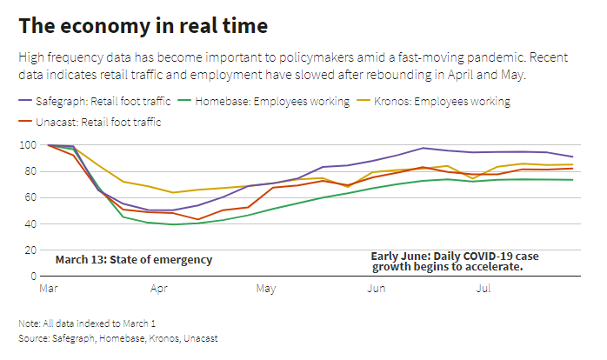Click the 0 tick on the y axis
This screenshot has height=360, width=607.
tap(34, 276)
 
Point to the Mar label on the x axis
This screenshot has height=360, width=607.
tap(49, 287)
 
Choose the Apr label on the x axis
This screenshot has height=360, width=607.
tap(159, 287)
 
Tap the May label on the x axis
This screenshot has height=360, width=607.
tap(266, 287)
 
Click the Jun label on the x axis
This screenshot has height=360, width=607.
tap(377, 287)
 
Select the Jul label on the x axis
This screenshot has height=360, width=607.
tap(484, 287)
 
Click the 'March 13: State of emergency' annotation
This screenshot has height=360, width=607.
tap(133, 260)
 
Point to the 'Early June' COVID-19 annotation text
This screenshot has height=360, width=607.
tap(449, 262)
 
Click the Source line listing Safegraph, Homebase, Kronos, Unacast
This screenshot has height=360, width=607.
tap(118, 337)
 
